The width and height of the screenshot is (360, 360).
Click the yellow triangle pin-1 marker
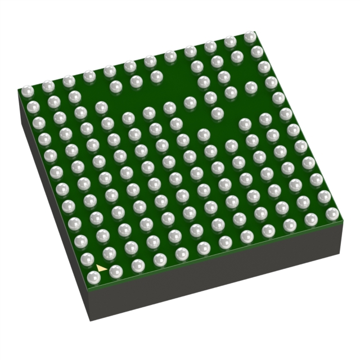(101, 268)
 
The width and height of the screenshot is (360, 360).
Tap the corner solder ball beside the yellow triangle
(94, 277)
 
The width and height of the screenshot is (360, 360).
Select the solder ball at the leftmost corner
(26, 91)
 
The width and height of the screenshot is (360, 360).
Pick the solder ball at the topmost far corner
(250, 37)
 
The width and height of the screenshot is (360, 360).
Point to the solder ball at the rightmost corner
(332, 213)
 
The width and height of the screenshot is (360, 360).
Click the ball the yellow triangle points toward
(116, 272)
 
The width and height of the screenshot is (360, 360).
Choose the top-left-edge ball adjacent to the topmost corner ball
(229, 42)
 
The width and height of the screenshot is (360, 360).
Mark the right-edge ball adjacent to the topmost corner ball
(257, 52)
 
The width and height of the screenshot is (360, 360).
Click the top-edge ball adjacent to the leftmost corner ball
(48, 85)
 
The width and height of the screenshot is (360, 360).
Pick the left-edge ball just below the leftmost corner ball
(33, 106)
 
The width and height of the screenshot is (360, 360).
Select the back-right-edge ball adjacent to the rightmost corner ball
(325, 196)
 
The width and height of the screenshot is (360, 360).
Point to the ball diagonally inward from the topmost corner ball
(237, 56)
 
